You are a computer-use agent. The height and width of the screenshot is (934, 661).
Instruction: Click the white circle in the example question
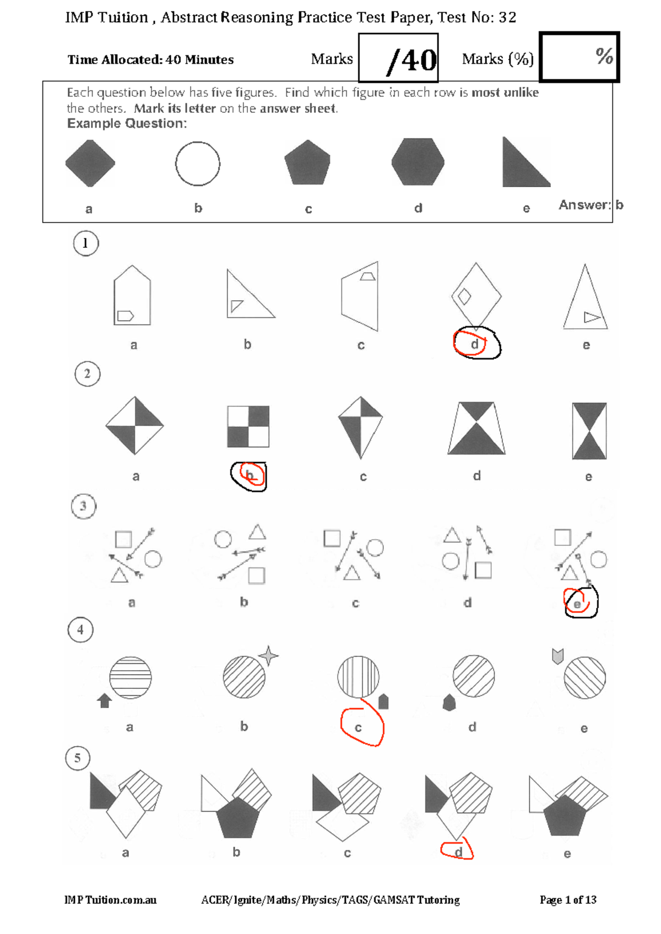pos(198,164)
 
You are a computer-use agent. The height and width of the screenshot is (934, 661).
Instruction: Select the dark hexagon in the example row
pos(418,162)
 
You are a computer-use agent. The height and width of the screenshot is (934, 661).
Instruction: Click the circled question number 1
pos(85,243)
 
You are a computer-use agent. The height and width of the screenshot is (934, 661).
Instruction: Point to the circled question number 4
pos(80,629)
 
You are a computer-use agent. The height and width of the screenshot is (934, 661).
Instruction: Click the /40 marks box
pos(398,58)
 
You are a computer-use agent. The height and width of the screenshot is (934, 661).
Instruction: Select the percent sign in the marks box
pos(604,56)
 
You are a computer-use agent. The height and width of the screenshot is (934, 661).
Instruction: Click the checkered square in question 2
pos(248,426)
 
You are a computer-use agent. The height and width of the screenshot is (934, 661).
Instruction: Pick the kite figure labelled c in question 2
pos(360,427)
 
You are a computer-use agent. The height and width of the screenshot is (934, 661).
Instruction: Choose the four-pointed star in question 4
pos(268,656)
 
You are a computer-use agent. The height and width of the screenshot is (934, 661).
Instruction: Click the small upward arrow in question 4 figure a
pos(104,700)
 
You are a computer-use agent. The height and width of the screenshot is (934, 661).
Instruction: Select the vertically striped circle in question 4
pos(358,676)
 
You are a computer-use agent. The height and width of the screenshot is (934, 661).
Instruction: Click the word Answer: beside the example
pos(584,205)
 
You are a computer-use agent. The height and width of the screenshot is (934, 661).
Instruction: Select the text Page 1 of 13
pos(568,900)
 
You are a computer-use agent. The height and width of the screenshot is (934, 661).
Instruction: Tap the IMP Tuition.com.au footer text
pos(110,900)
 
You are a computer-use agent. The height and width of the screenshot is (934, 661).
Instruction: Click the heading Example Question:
pos(127,123)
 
